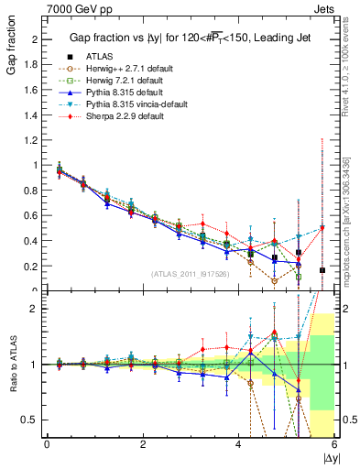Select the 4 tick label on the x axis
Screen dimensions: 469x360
pos(238,445)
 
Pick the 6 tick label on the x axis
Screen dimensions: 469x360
pos(334,445)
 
